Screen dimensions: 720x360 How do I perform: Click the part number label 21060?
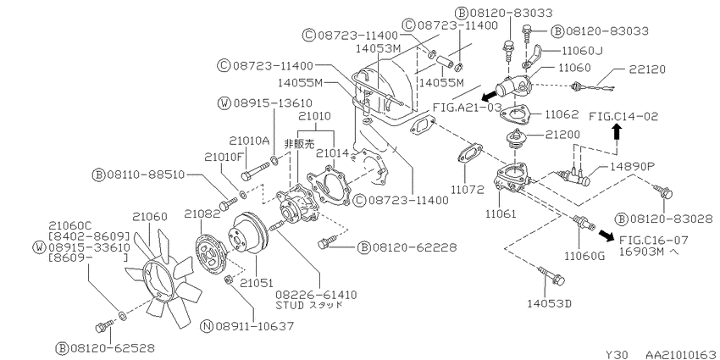click(x=150, y=216)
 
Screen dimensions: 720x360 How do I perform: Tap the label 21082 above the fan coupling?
click(x=202, y=213)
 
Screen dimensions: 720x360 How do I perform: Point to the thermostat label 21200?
click(x=563, y=135)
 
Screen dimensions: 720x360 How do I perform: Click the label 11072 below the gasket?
click(x=468, y=189)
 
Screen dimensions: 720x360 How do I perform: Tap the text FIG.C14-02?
click(x=623, y=116)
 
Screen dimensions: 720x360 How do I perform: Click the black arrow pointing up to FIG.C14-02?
click(x=617, y=132)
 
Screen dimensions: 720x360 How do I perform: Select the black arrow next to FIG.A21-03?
click(x=489, y=96)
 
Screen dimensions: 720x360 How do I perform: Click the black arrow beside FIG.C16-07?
click(x=606, y=235)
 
